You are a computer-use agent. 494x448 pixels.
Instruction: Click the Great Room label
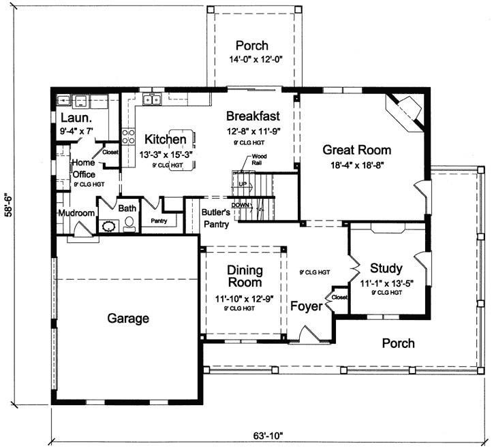tap(356, 150)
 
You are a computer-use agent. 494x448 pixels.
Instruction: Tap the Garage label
tap(127, 318)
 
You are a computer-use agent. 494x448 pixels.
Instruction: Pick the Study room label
tap(386, 268)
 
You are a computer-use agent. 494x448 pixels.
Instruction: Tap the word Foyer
tap(306, 306)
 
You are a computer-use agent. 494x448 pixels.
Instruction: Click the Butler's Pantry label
tap(217, 218)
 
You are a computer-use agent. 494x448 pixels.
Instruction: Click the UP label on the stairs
tap(243, 184)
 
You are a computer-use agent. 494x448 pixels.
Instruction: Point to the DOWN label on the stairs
tap(241, 205)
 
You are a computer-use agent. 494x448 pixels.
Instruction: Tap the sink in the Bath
tap(108, 227)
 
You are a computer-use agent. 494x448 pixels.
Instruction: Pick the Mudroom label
tap(76, 213)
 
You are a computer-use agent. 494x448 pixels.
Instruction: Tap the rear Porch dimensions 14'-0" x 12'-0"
tap(251, 61)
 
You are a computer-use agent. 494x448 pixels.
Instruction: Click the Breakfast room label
tap(251, 115)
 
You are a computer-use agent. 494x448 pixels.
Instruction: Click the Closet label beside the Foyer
tap(339, 297)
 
